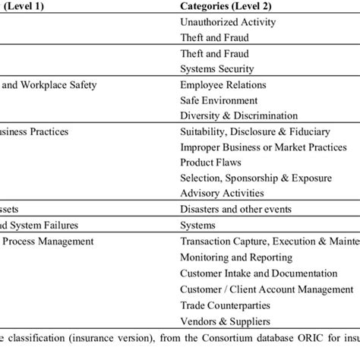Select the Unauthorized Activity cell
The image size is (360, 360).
coord(228,22)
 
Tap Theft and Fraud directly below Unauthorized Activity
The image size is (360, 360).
coord(214,37)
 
